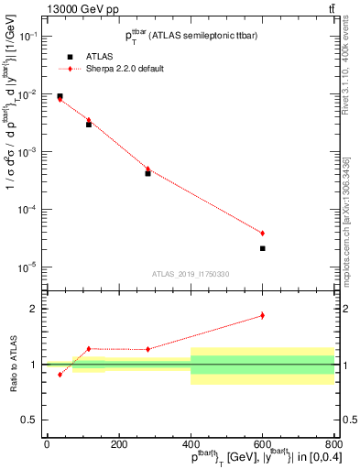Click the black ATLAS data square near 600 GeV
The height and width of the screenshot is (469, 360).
point(262,248)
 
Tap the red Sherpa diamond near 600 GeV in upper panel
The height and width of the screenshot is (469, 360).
point(262,234)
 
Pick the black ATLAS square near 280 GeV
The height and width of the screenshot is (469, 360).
point(147,173)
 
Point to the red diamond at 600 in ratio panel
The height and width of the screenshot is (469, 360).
point(262,315)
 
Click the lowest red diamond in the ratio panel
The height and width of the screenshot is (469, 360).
point(60,374)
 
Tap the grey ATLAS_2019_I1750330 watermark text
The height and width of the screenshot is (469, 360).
point(190,274)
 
